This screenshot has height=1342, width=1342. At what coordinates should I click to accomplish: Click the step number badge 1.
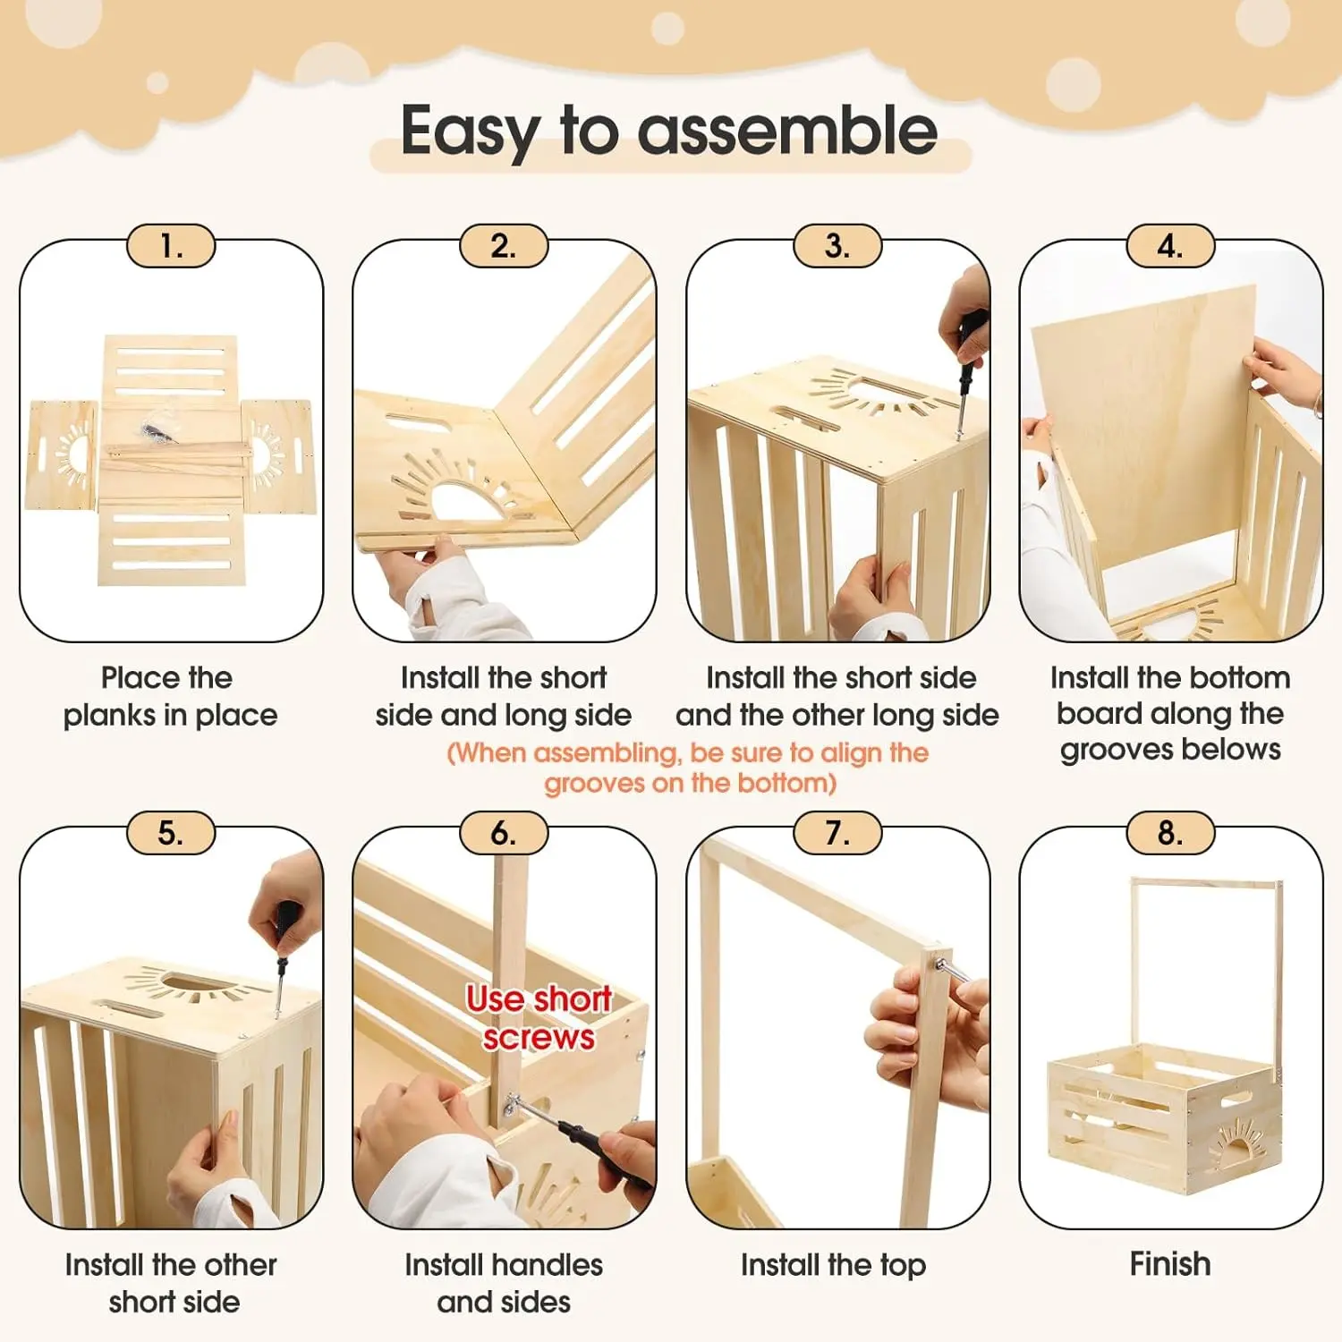point(171,246)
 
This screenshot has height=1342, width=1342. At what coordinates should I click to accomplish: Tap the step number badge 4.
point(1170,246)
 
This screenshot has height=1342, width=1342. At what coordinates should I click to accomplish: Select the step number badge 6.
point(504,833)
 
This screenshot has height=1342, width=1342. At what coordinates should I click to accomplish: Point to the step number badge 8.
point(1170,833)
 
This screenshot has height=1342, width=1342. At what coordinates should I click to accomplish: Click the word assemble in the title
point(787,131)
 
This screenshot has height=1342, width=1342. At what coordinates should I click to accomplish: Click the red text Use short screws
point(539,1017)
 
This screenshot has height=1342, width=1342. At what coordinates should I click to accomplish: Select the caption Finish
point(1170,1264)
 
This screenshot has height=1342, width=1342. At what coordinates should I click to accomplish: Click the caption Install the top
point(833,1265)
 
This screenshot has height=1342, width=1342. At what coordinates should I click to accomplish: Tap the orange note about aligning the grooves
point(688,768)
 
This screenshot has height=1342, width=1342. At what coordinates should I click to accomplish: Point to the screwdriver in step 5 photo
point(284,957)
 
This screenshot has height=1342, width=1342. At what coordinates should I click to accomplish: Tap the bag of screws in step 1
point(158,424)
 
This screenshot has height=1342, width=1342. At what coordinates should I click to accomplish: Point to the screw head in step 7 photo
point(942,963)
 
